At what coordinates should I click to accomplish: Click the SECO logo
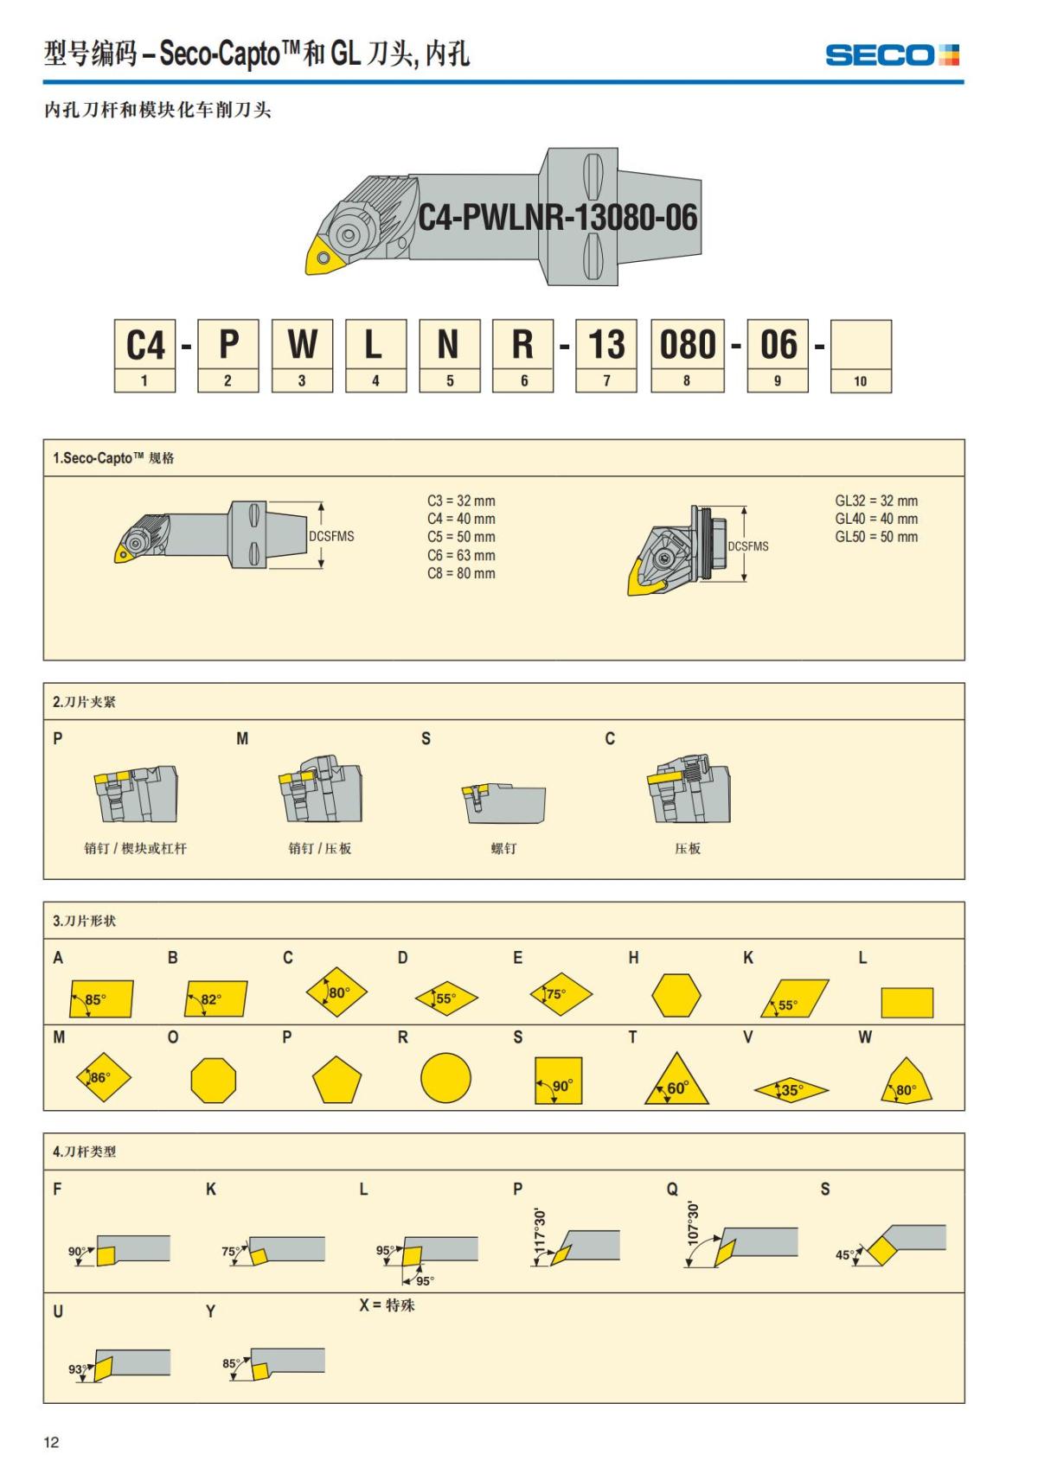coord(892,55)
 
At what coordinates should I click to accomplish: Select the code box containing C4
coord(144,345)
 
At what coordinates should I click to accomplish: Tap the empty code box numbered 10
coord(860,345)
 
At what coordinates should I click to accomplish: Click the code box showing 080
coord(687,345)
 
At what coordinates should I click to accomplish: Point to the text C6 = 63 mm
coord(461,555)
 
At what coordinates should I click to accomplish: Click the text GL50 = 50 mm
coord(876,537)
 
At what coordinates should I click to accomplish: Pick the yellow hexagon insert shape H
coord(676,996)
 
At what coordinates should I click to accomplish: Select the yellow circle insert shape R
coord(445,1078)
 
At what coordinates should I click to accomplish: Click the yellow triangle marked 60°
coord(676,1081)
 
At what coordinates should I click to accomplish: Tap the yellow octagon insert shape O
coord(213,1080)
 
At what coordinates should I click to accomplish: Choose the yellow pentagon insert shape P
coord(336,1081)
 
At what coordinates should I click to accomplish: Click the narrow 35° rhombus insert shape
coord(791,1090)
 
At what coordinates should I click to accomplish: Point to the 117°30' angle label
coord(541,1229)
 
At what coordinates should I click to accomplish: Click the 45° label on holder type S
coord(844,1254)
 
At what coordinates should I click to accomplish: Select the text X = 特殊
coord(387,1304)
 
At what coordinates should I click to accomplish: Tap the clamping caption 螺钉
coord(503,849)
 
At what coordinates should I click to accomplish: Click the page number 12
coord(52,1441)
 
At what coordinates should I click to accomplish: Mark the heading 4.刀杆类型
coord(84,1151)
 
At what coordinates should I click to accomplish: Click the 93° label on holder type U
coord(77,1369)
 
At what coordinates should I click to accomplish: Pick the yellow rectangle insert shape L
coord(907,1003)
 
